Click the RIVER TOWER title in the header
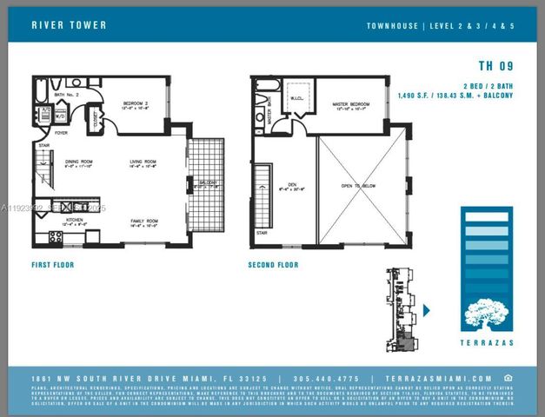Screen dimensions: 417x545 (69, 25)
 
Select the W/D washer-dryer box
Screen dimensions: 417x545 (61, 115)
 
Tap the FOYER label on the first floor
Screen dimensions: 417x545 (62, 133)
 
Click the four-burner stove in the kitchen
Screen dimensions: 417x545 (55, 236)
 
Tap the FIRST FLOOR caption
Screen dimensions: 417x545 (55, 264)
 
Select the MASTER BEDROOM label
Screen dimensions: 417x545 (353, 104)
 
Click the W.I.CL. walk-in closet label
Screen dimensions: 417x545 (296, 97)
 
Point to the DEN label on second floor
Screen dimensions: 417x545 (292, 183)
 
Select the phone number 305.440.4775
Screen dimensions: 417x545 (327, 379)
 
